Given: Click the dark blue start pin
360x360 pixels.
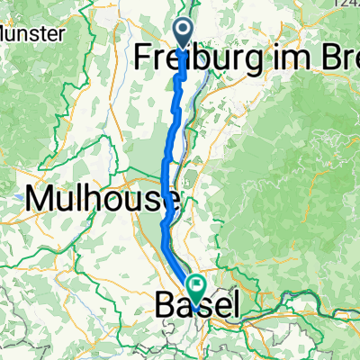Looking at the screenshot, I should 183,34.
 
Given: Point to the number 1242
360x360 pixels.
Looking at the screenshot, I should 346,4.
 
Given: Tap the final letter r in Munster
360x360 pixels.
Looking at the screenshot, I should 62,35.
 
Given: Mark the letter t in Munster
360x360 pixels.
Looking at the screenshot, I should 46,35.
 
